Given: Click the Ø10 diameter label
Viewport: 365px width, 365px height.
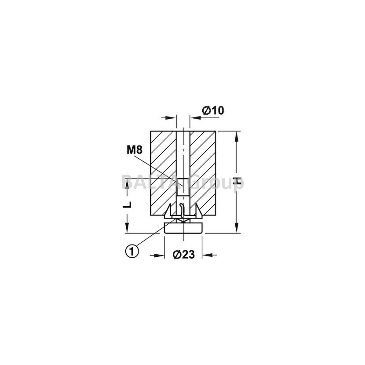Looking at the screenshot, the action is pos(213,110).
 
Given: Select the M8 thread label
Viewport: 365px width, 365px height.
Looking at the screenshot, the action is pos(135,150).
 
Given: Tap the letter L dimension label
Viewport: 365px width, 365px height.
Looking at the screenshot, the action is pos(127,204).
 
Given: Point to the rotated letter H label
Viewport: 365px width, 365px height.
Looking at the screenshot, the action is pos(237,181).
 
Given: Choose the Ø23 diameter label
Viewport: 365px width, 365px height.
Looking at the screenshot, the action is pos(183,255).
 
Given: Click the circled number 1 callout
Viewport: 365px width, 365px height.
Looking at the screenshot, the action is pos(132,251).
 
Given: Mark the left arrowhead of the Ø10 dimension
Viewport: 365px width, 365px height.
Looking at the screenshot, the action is pos(171,118).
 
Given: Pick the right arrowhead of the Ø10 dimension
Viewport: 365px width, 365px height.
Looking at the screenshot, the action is pos(195,118).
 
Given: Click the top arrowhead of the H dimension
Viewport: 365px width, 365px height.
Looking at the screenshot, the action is pos(237,136).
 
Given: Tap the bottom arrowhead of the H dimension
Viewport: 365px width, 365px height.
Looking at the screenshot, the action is pos(237,227).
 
